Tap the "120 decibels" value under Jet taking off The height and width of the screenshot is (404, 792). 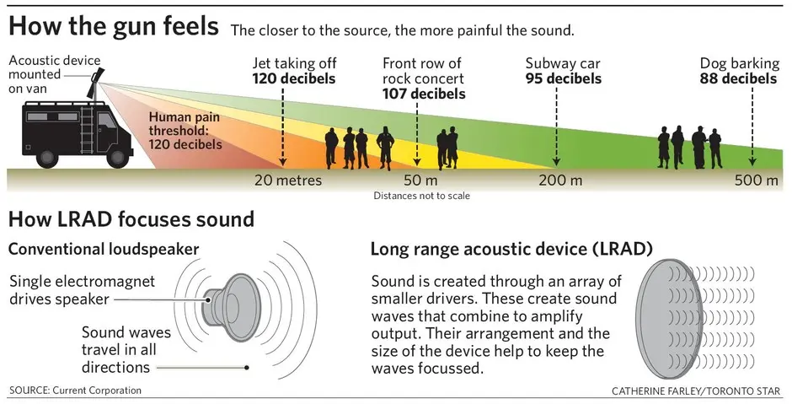click(294, 78)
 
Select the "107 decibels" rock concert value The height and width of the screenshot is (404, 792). click(424, 94)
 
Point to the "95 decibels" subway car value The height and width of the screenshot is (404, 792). click(564, 78)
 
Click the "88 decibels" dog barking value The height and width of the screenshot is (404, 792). click(738, 78)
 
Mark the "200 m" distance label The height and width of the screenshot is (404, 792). click(559, 180)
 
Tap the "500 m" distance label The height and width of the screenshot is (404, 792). click(757, 180)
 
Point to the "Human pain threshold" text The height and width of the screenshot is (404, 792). click(186, 131)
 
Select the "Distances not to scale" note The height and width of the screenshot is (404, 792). click(421, 196)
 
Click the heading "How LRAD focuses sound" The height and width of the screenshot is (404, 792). click(131, 221)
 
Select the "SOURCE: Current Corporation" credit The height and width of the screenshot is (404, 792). click(75, 390)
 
